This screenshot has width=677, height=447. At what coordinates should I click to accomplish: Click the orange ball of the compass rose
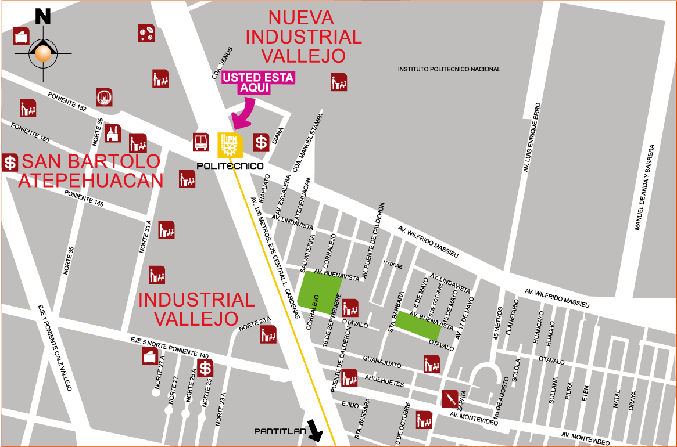click(43, 53)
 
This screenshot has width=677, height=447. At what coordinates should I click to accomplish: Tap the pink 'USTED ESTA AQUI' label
click(259, 82)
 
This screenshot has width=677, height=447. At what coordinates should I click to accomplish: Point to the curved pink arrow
click(243, 114)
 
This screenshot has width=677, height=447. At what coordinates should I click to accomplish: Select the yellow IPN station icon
click(230, 145)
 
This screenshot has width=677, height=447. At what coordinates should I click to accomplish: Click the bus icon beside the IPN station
click(201, 142)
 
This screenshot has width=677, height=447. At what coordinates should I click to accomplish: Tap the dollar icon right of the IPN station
click(261, 142)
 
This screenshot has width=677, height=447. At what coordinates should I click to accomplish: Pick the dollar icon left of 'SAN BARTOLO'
click(10, 162)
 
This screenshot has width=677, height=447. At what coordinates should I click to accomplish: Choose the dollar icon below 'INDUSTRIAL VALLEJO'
click(205, 367)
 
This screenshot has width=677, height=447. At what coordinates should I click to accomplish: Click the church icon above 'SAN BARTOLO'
click(112, 134)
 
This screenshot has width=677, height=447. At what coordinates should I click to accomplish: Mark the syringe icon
click(450, 399)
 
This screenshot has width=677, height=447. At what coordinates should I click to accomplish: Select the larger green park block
click(319, 289)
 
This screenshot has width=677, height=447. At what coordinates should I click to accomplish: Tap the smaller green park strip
click(418, 326)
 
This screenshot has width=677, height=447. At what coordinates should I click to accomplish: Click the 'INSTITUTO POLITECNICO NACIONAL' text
click(449, 69)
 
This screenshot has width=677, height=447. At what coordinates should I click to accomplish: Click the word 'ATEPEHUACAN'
click(91, 181)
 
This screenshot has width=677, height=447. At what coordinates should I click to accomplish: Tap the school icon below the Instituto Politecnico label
click(339, 82)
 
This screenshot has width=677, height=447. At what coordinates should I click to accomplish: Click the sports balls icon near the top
click(146, 33)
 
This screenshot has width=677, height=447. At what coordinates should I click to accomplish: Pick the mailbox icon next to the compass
click(22, 36)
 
